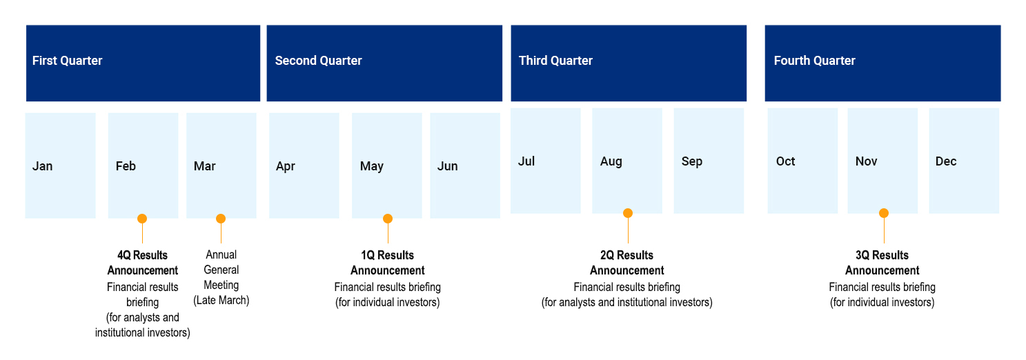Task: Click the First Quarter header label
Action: (68, 61)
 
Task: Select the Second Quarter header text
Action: (318, 61)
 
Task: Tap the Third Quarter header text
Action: (555, 61)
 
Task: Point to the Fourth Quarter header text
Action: (814, 61)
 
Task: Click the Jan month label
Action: (42, 166)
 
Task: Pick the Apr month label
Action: (286, 166)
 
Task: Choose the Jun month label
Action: (448, 166)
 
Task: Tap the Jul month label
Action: (526, 161)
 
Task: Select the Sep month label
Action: (691, 161)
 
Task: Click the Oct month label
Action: (785, 161)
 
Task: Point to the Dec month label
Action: (946, 161)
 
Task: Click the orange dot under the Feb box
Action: (142, 219)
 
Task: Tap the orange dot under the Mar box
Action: (221, 219)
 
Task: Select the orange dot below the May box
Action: (388, 219)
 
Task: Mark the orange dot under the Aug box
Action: (628, 213)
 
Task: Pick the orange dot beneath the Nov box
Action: (884, 213)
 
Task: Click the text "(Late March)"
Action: (221, 301)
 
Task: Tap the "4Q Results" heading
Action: (142, 255)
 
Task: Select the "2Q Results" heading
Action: (627, 255)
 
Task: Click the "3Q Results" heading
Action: (882, 255)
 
